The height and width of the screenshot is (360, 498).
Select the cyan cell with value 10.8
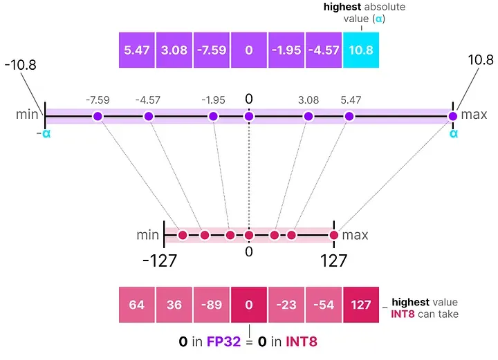[362, 51]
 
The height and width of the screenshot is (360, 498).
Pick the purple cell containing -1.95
[286, 51]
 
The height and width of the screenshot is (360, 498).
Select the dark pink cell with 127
[362, 305]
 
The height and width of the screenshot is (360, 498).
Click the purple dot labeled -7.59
[98, 116]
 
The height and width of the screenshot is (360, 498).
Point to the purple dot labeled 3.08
[309, 116]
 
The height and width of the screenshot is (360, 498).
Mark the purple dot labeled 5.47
[349, 116]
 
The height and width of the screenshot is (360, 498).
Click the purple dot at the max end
[453, 116]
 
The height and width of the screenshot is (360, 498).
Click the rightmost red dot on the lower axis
[334, 236]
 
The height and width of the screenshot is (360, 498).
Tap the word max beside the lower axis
[356, 235]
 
